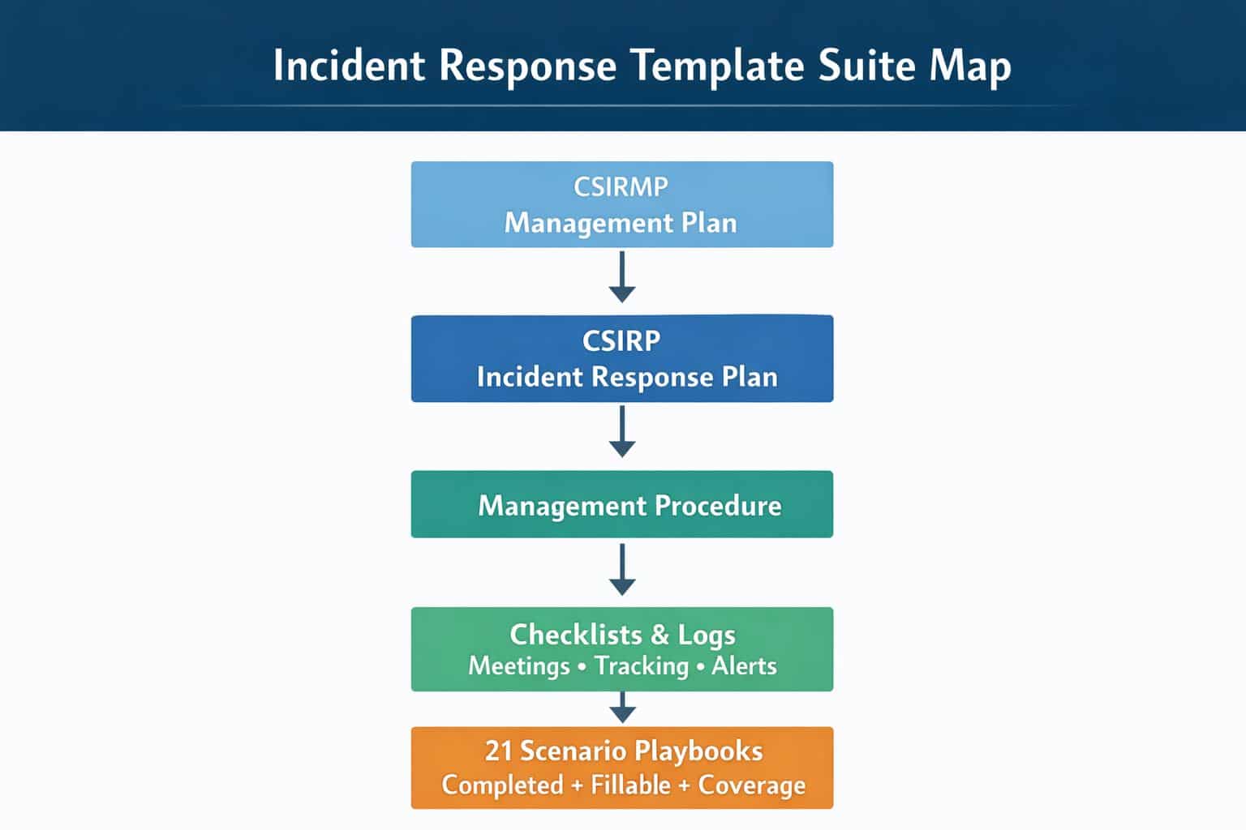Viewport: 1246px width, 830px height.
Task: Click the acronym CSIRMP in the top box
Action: [621, 186]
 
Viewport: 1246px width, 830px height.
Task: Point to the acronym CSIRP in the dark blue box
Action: [621, 340]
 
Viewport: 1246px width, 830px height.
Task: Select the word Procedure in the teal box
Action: [718, 506]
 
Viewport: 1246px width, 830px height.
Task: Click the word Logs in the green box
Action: [707, 635]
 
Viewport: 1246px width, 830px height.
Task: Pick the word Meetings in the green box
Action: [519, 666]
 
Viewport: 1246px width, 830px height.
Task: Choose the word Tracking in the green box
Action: [642, 666]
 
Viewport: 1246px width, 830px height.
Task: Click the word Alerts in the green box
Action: [744, 666]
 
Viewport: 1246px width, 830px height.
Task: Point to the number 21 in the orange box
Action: [498, 751]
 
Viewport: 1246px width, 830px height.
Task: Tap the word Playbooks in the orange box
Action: [698, 751]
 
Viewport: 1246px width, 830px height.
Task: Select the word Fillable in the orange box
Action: [631, 785]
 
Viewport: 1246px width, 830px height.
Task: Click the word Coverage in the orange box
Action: [752, 785]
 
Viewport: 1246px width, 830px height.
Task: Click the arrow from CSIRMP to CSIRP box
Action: [622, 277]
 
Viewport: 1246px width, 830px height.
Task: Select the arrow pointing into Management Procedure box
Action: [622, 432]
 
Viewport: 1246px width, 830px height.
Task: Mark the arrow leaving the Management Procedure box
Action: [622, 570]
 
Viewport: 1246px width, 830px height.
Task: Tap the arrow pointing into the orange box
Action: [622, 708]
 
